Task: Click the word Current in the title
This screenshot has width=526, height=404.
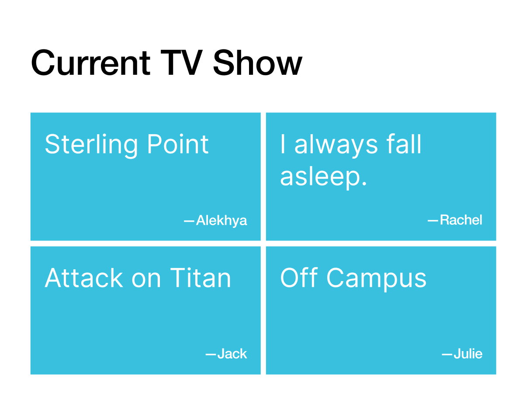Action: pyautogui.click(x=91, y=63)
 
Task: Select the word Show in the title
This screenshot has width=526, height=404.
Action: pyautogui.click(x=258, y=63)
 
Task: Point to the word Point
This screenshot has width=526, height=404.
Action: pyautogui.click(x=178, y=144)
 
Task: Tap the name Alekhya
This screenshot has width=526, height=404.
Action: pyautogui.click(x=221, y=221)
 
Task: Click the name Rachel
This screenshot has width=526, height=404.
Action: pyautogui.click(x=461, y=220)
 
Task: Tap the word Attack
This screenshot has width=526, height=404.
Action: pyautogui.click(x=84, y=278)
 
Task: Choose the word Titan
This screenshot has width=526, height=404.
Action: pyautogui.click(x=201, y=278)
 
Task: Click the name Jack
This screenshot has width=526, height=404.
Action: pyautogui.click(x=232, y=354)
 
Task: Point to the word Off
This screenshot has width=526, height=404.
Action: pyautogui.click(x=299, y=278)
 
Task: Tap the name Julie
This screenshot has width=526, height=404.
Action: pyautogui.click(x=468, y=354)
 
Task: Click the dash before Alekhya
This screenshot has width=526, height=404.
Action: pyautogui.click(x=189, y=221)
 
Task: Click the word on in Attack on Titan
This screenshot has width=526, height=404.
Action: pyautogui.click(x=146, y=281)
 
